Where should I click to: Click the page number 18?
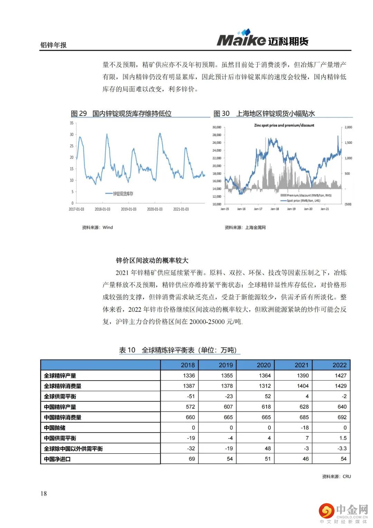click(44, 493)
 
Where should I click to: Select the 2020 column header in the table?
click(264, 365)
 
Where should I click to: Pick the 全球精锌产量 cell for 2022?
click(340, 375)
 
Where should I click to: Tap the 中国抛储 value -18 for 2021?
click(304, 428)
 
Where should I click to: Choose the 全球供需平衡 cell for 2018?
click(191, 397)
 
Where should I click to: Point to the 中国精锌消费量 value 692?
click(342, 417)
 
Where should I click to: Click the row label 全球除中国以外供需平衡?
click(73, 449)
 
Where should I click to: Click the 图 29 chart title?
click(121, 113)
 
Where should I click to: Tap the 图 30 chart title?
click(264, 113)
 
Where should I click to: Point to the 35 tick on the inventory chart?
click(71, 123)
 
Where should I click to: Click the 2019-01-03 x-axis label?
click(128, 209)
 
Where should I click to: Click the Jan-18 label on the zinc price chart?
click(275, 209)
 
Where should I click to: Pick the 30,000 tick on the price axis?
click(217, 127)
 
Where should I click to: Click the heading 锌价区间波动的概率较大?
click(152, 261)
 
